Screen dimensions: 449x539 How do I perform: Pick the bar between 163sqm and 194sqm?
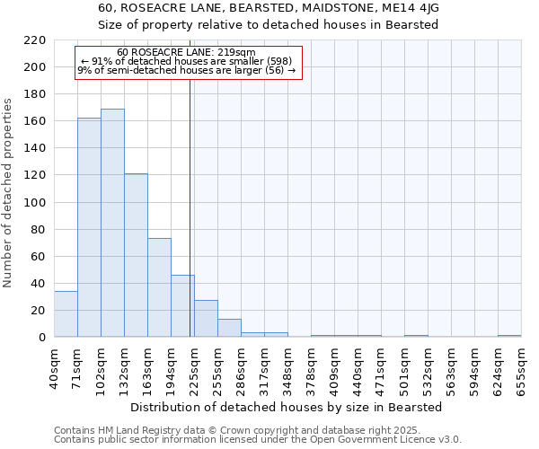coord(159,287)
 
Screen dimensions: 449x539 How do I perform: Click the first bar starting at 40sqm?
coord(66,314)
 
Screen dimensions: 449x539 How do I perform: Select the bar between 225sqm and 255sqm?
coord(206,319)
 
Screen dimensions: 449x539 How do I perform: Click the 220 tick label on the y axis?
coord(35,40)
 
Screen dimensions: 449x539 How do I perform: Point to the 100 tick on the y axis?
coord(35,202)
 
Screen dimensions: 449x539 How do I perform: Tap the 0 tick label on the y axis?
coord(41,338)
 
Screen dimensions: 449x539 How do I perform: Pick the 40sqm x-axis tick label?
coord(55,367)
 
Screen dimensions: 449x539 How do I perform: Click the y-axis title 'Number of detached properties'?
coord(9,193)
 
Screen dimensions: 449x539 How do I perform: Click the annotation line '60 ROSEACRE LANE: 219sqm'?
coord(186,52)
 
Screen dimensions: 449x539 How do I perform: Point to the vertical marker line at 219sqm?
coord(190,224)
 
